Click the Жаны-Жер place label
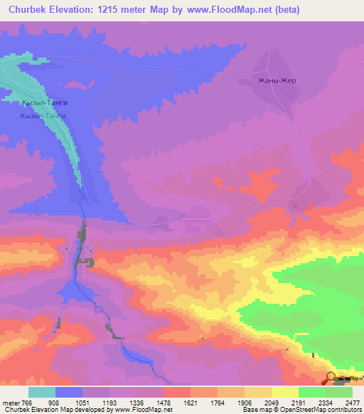(x=277, y=80)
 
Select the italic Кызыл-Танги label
(x=43, y=115)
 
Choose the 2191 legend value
(x=291, y=403)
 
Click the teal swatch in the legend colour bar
(x=42, y=392)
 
